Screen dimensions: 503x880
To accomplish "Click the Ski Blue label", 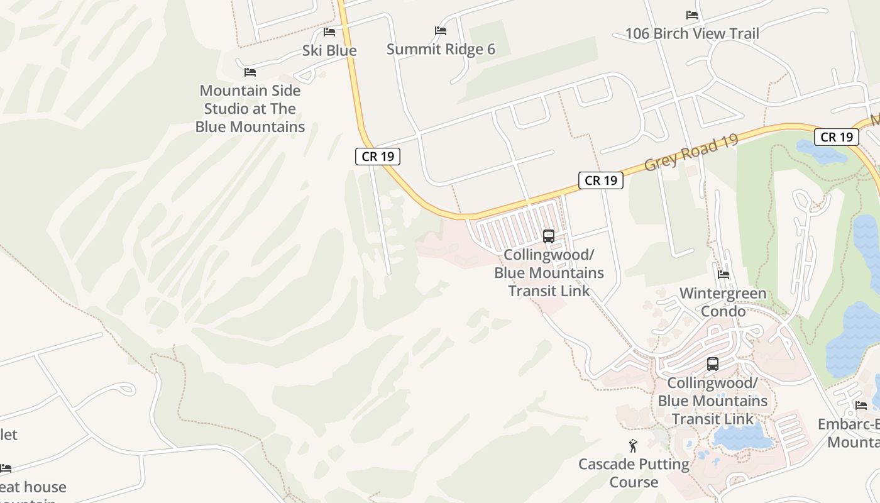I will (329, 50).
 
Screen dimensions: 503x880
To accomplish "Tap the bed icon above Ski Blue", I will (329, 31).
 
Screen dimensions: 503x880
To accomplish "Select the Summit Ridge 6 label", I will (441, 49).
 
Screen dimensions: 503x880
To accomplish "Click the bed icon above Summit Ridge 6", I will (441, 30).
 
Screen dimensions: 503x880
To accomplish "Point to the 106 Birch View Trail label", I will (692, 33).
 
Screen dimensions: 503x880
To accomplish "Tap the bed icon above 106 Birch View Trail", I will (692, 15).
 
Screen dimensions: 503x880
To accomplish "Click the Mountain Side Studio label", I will (250, 108).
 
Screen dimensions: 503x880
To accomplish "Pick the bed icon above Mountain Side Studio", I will (250, 72).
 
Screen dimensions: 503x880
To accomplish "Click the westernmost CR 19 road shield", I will (378, 157).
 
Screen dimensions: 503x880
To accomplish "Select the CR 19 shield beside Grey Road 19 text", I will (601, 180).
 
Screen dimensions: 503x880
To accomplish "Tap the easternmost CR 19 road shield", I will (837, 137).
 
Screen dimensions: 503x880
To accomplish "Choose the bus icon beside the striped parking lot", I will (549, 236).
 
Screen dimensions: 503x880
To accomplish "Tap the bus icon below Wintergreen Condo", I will (712, 363).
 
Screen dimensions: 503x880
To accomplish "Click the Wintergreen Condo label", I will (723, 302).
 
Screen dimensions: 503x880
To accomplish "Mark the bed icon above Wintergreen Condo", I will (723, 275).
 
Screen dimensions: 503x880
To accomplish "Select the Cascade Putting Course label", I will (634, 473).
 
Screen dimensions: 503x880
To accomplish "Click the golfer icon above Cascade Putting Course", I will (633, 446).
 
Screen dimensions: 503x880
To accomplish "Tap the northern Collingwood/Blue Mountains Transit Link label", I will (549, 272).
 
